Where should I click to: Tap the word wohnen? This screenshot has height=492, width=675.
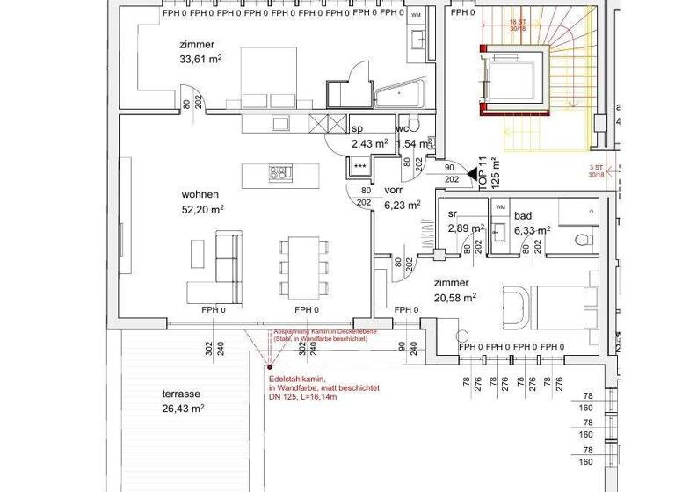coord(200,194)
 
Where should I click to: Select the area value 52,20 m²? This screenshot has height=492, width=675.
coord(203,209)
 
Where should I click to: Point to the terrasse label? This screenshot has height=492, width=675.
coord(179,394)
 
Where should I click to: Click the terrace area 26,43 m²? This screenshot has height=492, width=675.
coord(183,409)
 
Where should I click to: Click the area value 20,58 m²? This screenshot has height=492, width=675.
coord(455,298)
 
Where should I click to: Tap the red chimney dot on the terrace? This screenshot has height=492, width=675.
coord(270,368)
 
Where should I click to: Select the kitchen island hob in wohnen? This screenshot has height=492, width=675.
coord(280,172)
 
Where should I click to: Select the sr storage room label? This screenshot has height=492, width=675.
coord(454,214)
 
